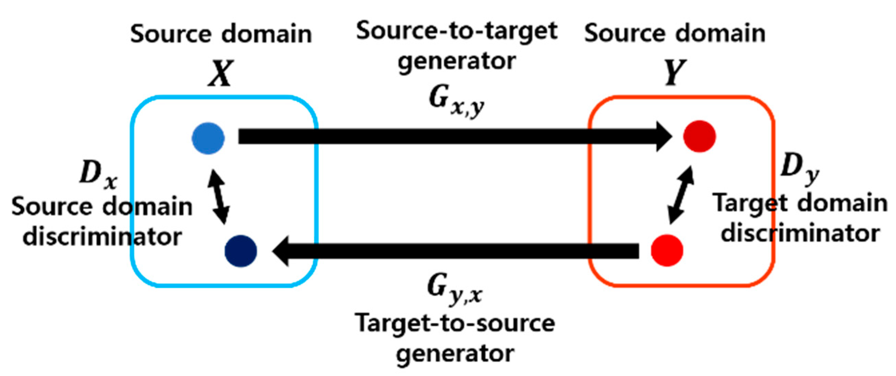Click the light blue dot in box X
208,138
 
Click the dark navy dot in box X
241,251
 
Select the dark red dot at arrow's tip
700,136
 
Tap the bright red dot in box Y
667,251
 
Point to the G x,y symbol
456,101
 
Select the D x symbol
98,176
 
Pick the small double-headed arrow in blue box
218,196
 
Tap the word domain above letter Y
720,34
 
